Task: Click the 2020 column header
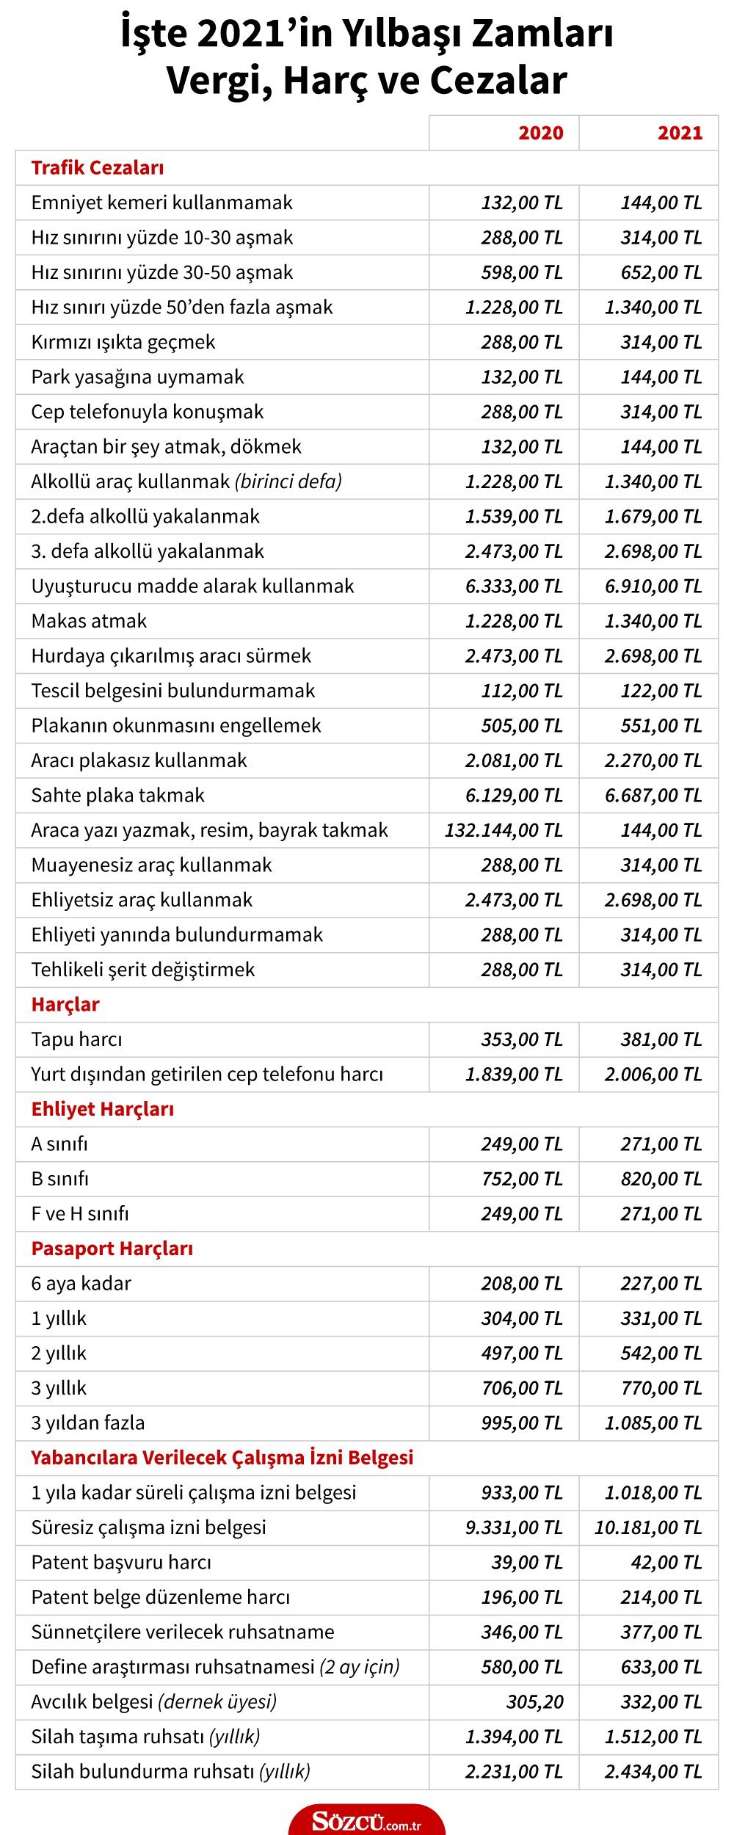tap(540, 133)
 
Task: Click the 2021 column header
tap(680, 133)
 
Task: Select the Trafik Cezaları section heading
tap(98, 168)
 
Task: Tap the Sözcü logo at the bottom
tap(366, 1822)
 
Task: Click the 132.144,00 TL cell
tap(504, 830)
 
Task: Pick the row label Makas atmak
tap(89, 621)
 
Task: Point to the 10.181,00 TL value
tap(648, 1527)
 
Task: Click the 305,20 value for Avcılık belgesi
tap(534, 1701)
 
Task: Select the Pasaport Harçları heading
tap(112, 1249)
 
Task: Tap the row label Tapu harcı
tap(76, 1039)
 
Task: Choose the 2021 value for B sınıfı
tap(661, 1179)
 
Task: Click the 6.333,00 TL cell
tap(514, 586)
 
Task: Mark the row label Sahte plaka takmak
tap(117, 795)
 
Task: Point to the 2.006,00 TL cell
tap(653, 1074)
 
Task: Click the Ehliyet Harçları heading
tap(103, 1109)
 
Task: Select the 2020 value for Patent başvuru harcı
tap(526, 1562)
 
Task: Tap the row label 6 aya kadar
tap(81, 1283)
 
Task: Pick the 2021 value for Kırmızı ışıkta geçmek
tap(661, 342)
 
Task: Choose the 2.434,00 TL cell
tap(653, 1771)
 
